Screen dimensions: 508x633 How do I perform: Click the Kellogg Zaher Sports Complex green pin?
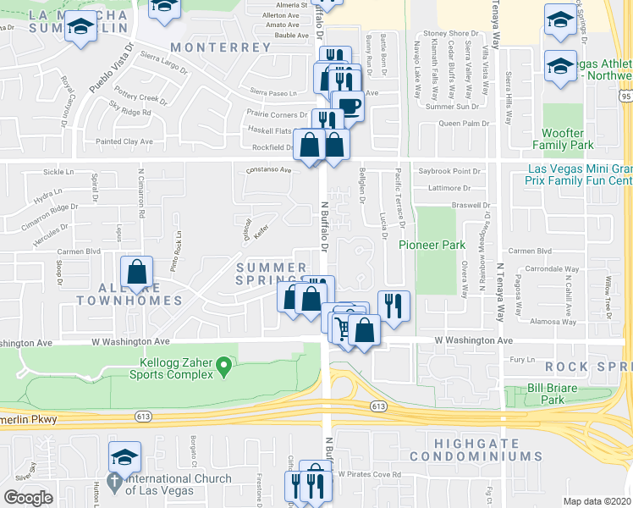click(x=223, y=367)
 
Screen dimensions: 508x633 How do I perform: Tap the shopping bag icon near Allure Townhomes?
click(x=136, y=273)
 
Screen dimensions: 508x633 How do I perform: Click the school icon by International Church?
click(x=124, y=458)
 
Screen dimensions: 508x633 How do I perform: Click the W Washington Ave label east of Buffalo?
click(x=474, y=340)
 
